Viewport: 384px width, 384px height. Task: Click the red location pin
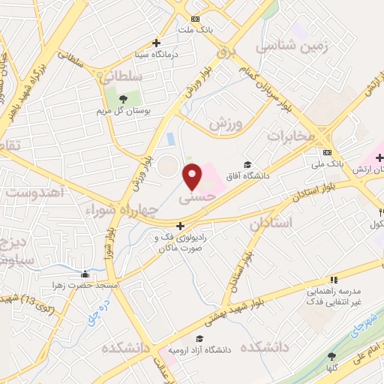(x=193, y=176)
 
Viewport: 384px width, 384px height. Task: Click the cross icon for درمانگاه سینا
(x=156, y=43)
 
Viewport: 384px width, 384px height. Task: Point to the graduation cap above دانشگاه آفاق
(x=247, y=165)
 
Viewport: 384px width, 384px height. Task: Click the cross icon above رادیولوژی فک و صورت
(x=180, y=225)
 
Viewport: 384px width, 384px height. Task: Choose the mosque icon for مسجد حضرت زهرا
(x=85, y=274)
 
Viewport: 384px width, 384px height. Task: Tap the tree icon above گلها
(x=331, y=358)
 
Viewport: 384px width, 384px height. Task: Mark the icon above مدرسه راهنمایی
(x=333, y=279)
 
